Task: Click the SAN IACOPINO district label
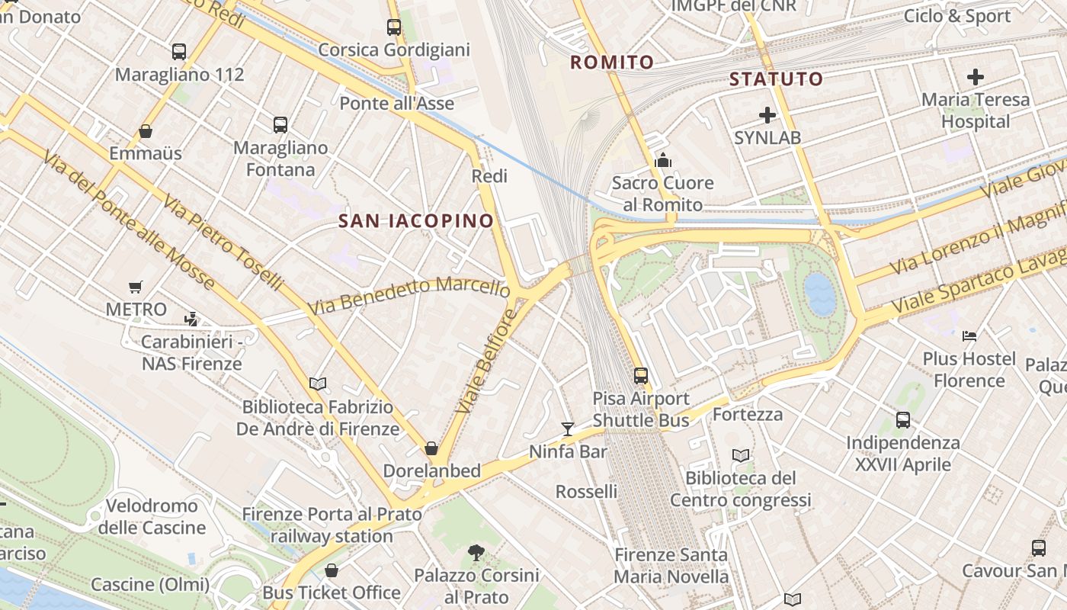click(x=416, y=221)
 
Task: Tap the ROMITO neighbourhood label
click(x=612, y=63)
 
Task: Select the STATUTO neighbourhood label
click(x=776, y=79)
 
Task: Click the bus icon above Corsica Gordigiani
click(x=394, y=27)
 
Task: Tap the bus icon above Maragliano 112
click(x=179, y=52)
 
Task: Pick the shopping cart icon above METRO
click(x=136, y=287)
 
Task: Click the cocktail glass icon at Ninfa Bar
click(x=568, y=429)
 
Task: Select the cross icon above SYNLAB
click(x=767, y=116)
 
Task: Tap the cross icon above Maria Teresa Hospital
click(x=975, y=77)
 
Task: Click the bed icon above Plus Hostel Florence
click(x=969, y=335)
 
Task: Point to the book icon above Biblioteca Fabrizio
click(x=318, y=384)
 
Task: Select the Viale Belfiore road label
click(x=487, y=361)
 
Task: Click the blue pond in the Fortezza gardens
click(x=820, y=295)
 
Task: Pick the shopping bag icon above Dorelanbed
click(x=431, y=448)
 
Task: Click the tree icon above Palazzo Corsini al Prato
click(x=476, y=552)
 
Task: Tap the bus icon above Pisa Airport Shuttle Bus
click(x=641, y=375)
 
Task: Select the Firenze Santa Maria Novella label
click(x=671, y=566)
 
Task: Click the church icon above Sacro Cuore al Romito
click(x=662, y=160)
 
